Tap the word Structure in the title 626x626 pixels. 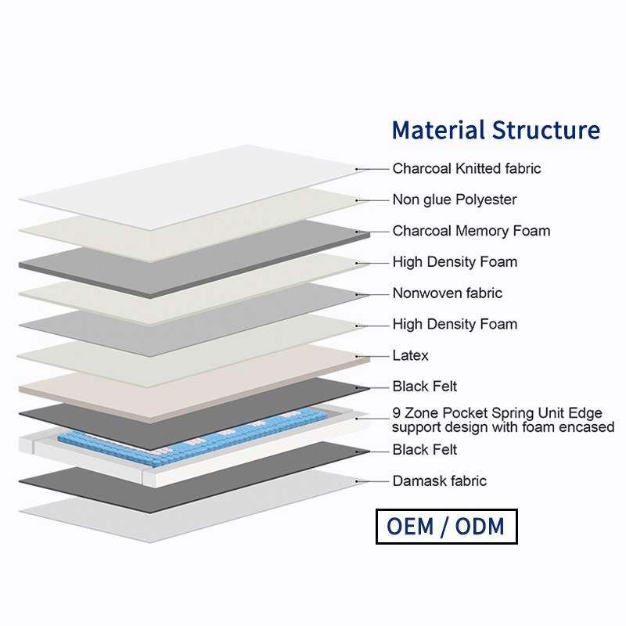click(546, 130)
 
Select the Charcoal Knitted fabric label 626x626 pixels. click(466, 168)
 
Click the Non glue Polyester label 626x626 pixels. click(454, 200)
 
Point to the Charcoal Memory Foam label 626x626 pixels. click(471, 231)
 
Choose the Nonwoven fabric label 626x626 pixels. click(447, 293)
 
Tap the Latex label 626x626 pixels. click(410, 356)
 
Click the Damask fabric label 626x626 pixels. click(439, 481)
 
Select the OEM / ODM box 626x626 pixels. click(445, 526)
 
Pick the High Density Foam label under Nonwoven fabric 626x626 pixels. click(454, 325)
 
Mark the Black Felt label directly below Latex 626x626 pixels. click(424, 387)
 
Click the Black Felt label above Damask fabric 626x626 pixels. click(424, 450)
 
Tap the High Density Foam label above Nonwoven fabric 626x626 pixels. click(454, 262)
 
